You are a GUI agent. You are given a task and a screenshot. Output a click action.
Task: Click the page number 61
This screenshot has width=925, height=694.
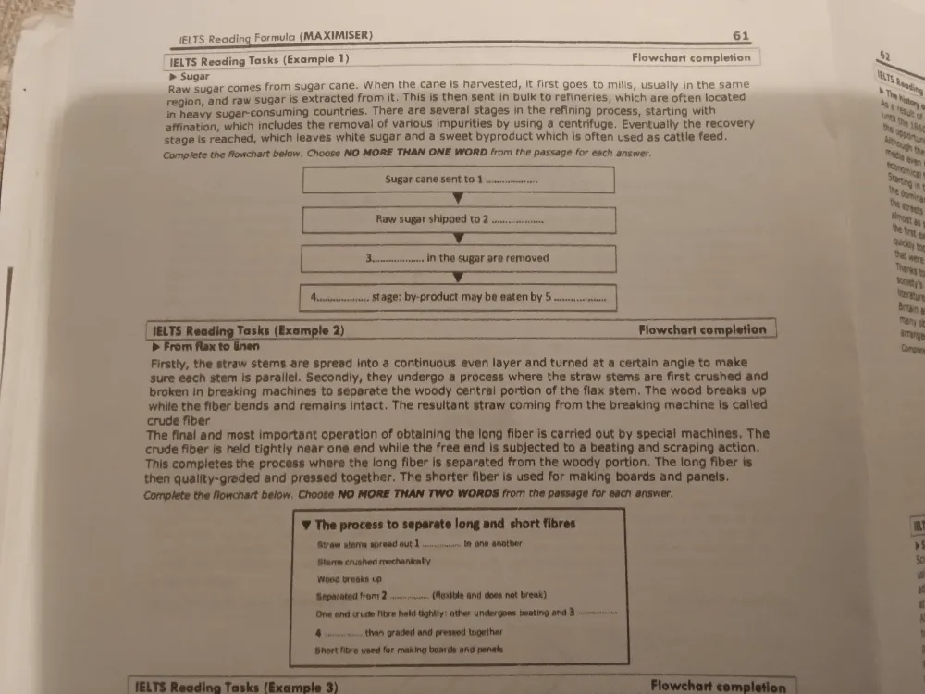click(740, 36)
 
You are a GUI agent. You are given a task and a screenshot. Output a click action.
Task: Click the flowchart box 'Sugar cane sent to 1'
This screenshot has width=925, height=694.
click(459, 180)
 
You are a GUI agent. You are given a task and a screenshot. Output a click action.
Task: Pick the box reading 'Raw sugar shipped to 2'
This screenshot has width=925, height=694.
click(459, 220)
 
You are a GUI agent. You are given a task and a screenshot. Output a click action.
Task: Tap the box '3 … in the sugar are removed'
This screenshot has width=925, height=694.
click(458, 258)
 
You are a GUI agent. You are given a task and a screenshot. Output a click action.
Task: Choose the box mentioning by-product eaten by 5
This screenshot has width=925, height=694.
click(459, 298)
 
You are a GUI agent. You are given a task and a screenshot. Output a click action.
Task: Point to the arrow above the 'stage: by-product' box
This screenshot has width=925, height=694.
click(458, 278)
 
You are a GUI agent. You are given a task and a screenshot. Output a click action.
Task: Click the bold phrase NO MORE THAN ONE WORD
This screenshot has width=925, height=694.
click(413, 153)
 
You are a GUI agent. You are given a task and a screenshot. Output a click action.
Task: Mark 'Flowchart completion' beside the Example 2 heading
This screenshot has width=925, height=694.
click(702, 329)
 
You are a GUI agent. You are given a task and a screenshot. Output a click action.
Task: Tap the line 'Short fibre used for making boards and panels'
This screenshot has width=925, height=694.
click(409, 650)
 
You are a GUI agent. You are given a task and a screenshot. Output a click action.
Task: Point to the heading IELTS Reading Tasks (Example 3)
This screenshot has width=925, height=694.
click(236, 687)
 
